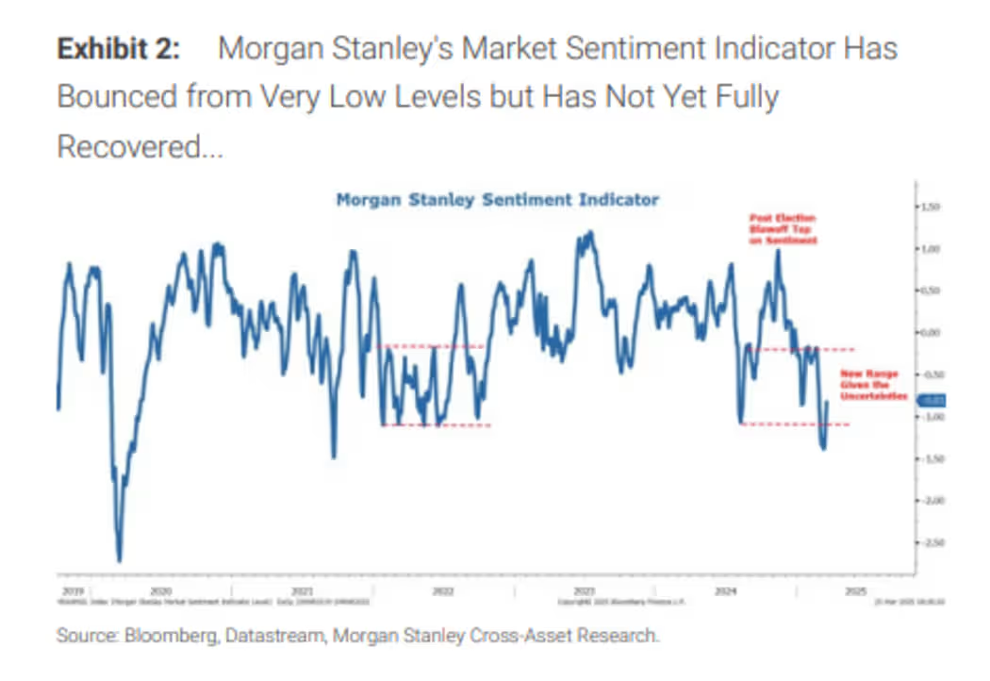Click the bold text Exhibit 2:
point(118,49)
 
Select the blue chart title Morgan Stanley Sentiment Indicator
point(498,200)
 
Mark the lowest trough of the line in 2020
point(120,560)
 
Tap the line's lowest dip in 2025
point(823,448)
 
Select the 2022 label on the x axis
point(442,591)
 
